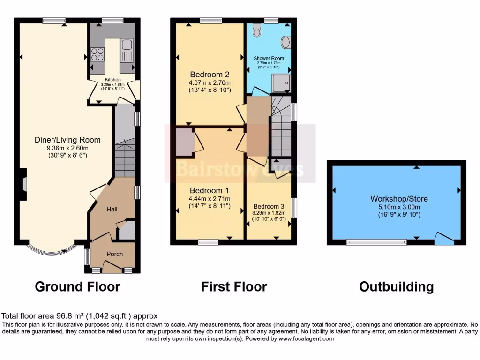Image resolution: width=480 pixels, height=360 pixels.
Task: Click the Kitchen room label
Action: coord(112,80)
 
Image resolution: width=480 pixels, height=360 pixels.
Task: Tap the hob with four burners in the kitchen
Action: coord(97,54)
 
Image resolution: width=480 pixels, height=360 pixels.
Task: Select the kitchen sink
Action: coord(127,45)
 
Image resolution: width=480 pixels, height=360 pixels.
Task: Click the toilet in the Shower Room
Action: coord(256,30)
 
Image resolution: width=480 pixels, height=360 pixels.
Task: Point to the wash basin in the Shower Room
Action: coord(285,42)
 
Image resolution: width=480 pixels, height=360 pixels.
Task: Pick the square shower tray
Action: coord(281,83)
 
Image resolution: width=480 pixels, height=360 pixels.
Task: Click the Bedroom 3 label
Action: coord(269,207)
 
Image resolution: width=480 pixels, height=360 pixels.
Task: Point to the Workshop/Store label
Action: coord(398,199)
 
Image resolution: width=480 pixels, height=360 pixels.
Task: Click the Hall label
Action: coord(112,209)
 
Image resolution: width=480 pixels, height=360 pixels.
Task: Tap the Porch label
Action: coord(114,254)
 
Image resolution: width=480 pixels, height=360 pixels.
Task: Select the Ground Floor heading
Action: coord(77,286)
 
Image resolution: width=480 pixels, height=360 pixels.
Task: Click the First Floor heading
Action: coord(234,286)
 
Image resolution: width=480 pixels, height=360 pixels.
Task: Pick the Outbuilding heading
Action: coord(396,286)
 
